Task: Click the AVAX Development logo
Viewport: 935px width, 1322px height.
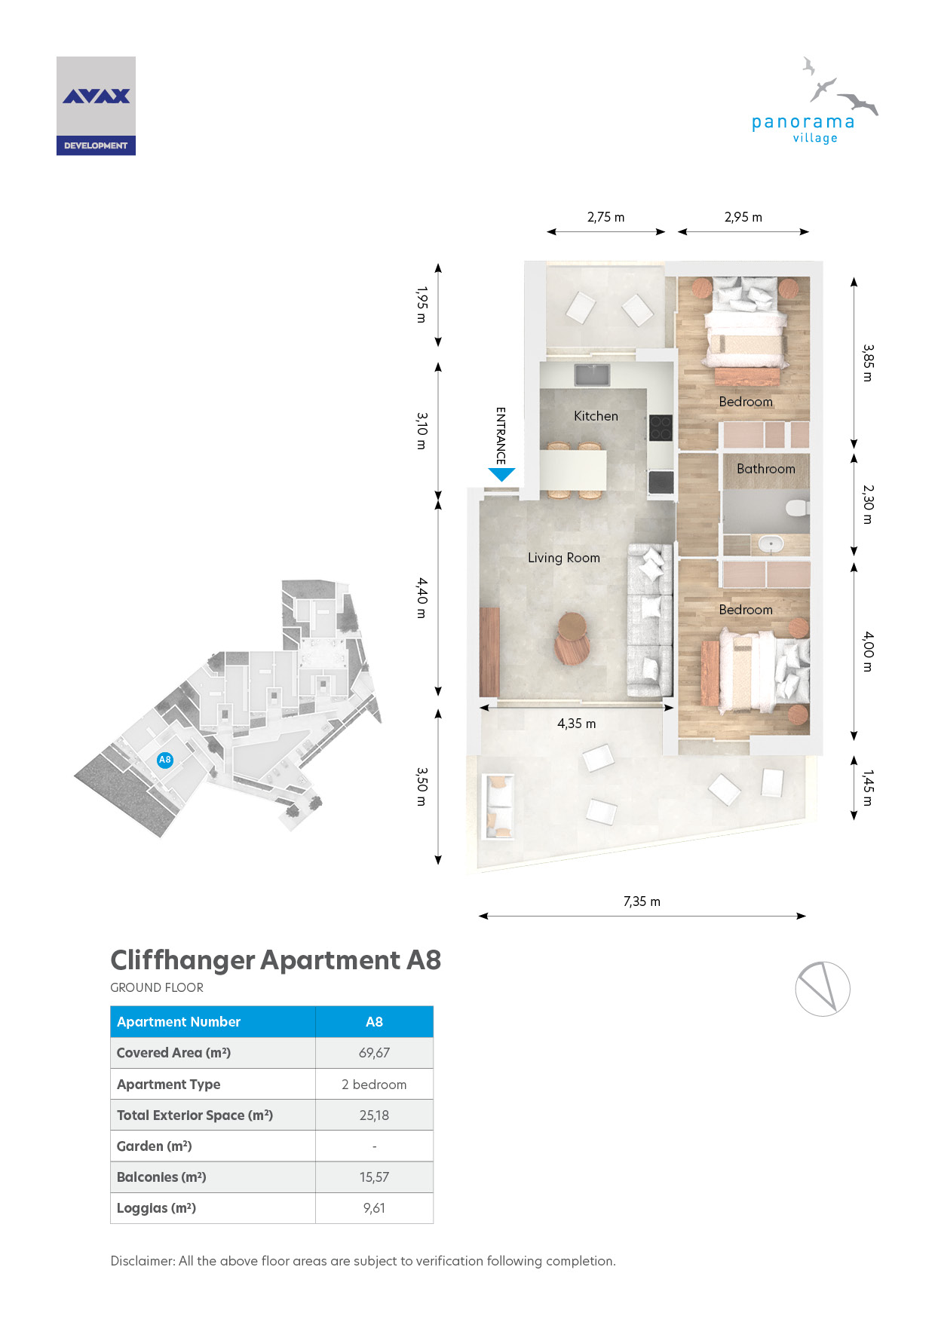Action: tap(96, 106)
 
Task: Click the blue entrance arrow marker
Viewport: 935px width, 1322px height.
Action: tap(501, 475)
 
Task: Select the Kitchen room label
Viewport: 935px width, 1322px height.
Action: tap(596, 416)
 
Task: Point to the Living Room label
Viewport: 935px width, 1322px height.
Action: tap(564, 558)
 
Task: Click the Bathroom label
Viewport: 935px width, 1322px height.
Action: tap(766, 469)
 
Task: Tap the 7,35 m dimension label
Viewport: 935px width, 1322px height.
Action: tap(642, 901)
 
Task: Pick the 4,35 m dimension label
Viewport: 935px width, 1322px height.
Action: tap(577, 724)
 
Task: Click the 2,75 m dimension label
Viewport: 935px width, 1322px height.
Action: tap(606, 217)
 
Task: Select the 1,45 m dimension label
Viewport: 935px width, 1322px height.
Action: tap(868, 788)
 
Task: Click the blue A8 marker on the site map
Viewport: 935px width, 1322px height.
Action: tap(165, 760)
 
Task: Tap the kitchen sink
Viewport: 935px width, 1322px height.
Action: tap(593, 375)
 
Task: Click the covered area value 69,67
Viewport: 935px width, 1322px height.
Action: tap(374, 1053)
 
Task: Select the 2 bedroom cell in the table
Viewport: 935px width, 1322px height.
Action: tap(374, 1084)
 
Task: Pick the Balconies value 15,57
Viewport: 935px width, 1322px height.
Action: tap(374, 1177)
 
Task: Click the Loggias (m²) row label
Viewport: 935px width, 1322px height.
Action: tap(156, 1208)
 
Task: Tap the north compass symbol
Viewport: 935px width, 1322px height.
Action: tap(823, 989)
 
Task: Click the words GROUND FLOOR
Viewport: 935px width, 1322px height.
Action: tap(157, 987)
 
